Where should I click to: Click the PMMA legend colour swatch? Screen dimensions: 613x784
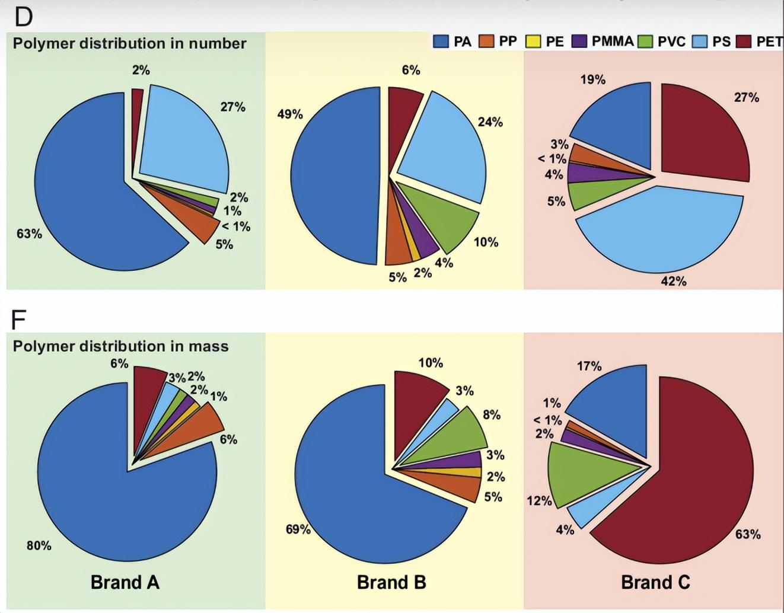(579, 41)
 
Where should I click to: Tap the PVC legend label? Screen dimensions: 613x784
(671, 41)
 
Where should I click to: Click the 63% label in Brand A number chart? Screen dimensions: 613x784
(29, 234)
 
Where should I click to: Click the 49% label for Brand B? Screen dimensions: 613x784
(290, 114)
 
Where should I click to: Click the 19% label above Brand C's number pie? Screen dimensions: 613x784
(592, 79)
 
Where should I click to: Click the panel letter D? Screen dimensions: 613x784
(23, 17)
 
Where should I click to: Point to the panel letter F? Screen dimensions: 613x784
(19, 320)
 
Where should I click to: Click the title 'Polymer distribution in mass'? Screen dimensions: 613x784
(120, 346)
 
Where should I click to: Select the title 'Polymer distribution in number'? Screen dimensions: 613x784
(129, 43)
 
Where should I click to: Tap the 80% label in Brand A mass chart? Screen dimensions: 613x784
(39, 545)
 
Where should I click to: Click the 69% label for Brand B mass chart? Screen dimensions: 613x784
(298, 529)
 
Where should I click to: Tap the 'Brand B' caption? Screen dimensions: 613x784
(391, 582)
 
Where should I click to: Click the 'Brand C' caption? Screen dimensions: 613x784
(655, 582)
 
